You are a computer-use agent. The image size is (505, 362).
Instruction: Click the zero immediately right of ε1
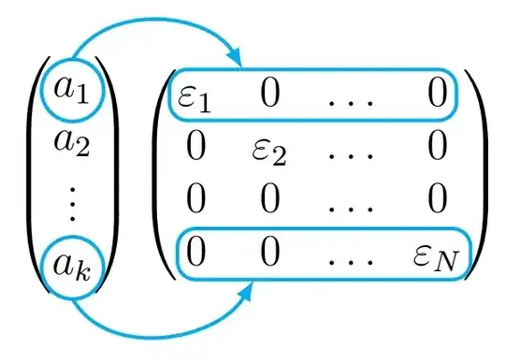(x=268, y=95)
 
